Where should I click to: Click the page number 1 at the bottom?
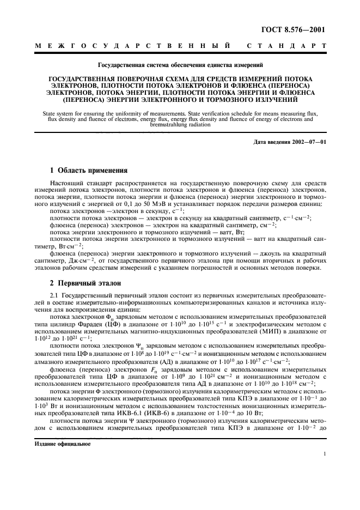(324, 453)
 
